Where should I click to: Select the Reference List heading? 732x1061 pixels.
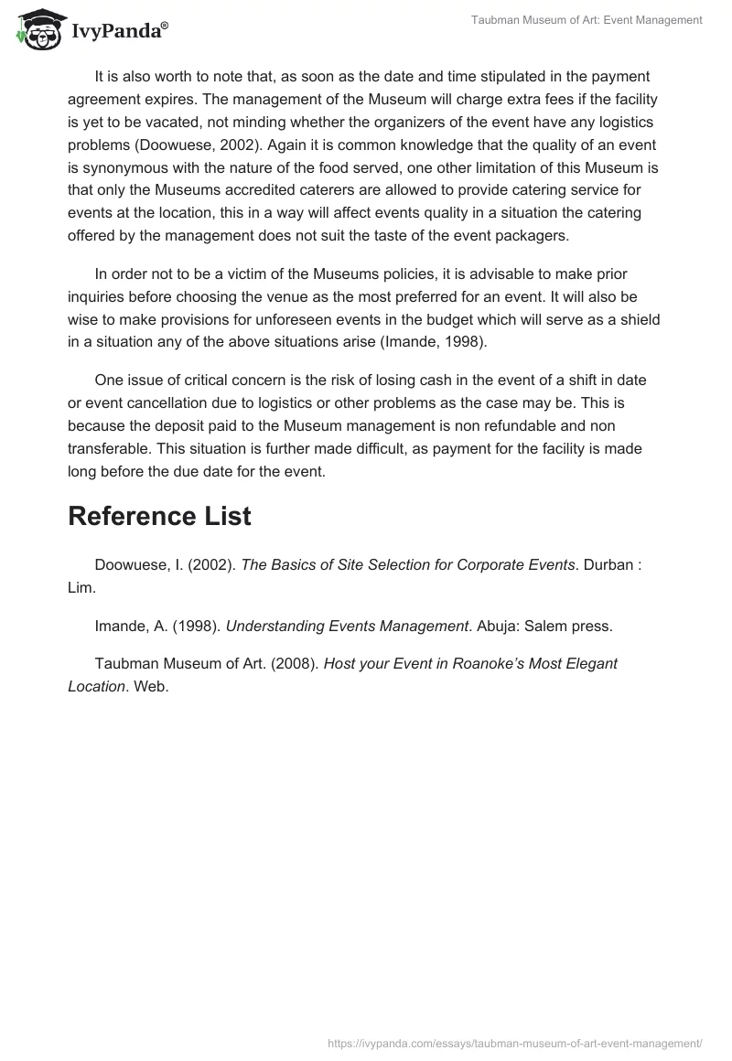point(159,516)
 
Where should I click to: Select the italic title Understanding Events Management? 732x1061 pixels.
point(347,627)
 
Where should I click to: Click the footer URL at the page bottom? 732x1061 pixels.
point(515,1043)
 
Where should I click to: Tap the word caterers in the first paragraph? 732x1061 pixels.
point(307,190)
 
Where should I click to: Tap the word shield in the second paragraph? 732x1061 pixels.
point(641,320)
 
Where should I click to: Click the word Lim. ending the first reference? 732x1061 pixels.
point(81,588)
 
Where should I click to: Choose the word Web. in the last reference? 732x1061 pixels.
point(151,686)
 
